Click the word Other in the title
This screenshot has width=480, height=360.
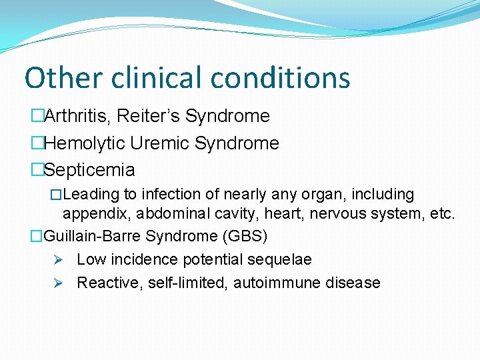tap(63, 77)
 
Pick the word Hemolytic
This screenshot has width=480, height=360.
tap(85, 143)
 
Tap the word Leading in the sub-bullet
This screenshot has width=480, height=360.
tap(90, 195)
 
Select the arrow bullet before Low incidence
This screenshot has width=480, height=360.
tap(59, 259)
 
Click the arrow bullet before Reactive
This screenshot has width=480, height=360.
tap(59, 283)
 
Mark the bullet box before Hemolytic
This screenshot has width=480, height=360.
tap(37, 143)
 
